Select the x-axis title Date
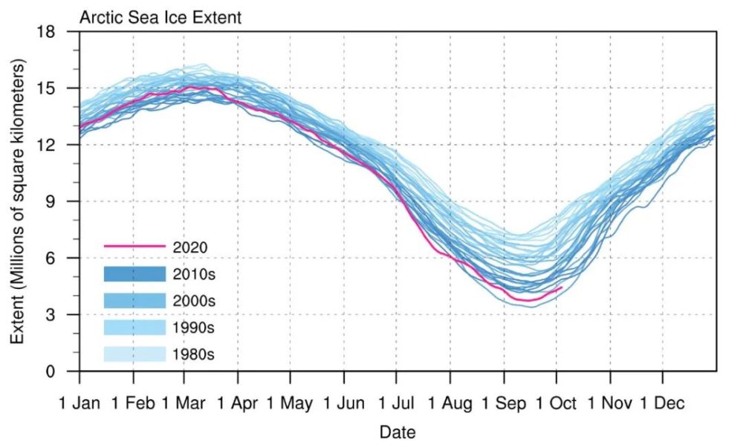[398, 432]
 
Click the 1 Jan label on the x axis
[80, 404]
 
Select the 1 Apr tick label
[238, 404]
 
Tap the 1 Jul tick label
[397, 404]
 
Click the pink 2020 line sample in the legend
[134, 246]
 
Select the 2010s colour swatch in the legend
[134, 273]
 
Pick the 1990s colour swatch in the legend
[134, 328]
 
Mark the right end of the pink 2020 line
[562, 287]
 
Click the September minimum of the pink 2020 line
[529, 300]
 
